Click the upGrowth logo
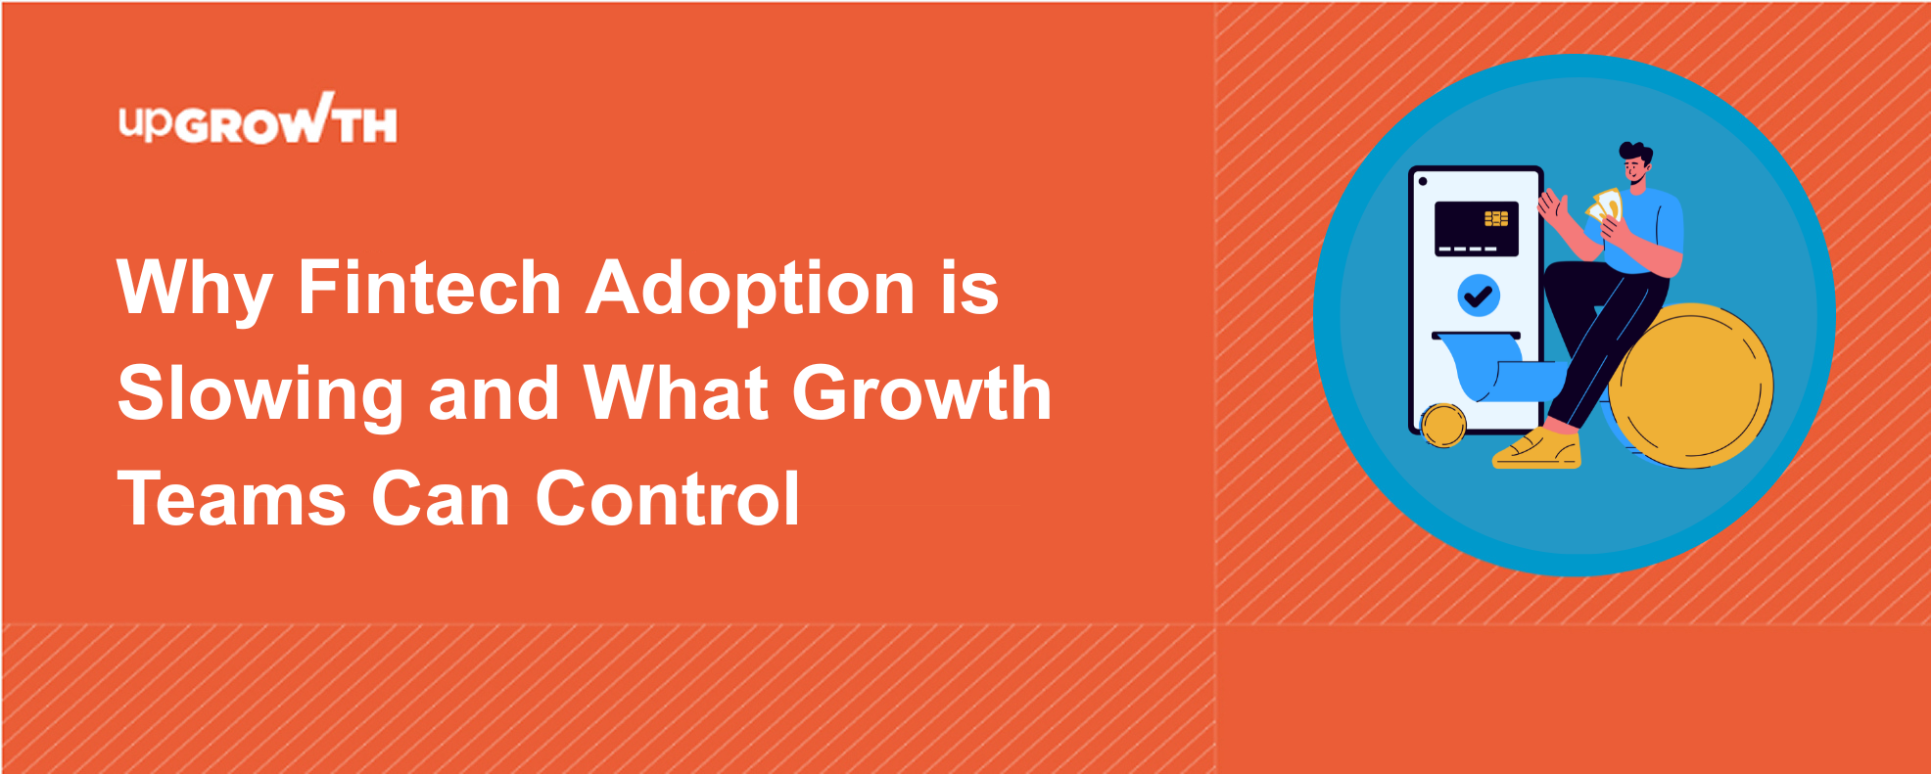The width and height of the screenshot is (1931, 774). coord(258,119)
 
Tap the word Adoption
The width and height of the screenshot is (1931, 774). coord(750,291)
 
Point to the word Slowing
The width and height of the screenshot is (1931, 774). coord(260,395)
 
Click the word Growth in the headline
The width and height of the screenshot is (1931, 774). coord(921,393)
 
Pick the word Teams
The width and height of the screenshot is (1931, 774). coord(232,499)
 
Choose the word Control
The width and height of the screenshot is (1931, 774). coord(668,498)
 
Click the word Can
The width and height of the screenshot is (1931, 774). coord(441,499)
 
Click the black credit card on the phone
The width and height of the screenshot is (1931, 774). coord(1476,229)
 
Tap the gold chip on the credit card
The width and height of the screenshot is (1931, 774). coord(1496,218)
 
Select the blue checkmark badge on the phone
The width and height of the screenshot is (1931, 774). coord(1479,295)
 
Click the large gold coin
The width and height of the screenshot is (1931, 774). coord(1690,386)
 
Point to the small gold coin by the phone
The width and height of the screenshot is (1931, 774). coord(1443,426)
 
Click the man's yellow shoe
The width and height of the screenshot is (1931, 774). coord(1537,449)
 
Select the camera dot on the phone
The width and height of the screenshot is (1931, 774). coord(1423,181)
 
